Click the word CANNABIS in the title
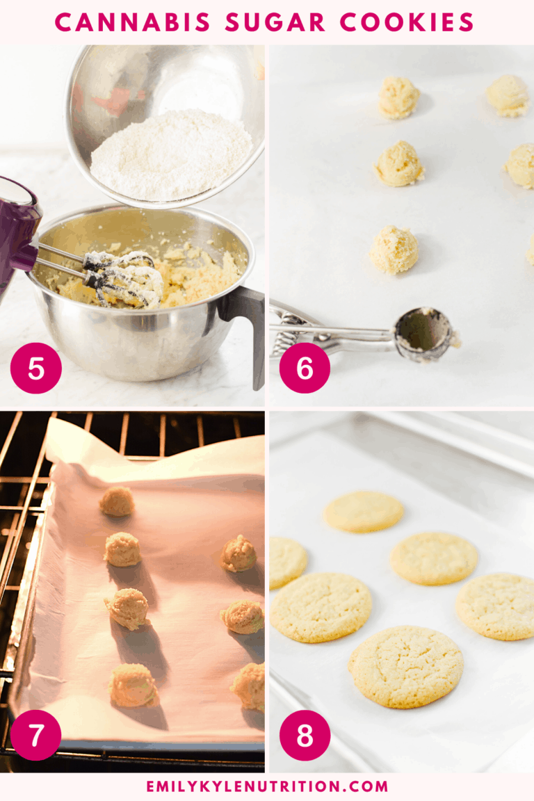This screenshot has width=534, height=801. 133,22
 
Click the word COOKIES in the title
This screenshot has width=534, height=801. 407,22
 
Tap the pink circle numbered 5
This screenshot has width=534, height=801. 36,369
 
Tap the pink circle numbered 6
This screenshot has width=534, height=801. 305,369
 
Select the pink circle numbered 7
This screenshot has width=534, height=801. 36,735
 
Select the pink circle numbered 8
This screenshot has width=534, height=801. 305,735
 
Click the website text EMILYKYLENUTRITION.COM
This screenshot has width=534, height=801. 267,786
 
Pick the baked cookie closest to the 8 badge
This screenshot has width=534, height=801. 406,666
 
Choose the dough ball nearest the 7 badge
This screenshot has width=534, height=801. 133,684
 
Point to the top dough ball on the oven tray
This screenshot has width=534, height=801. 117,501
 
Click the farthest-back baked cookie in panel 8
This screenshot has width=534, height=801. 364,512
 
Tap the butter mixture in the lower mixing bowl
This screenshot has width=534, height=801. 202,275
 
